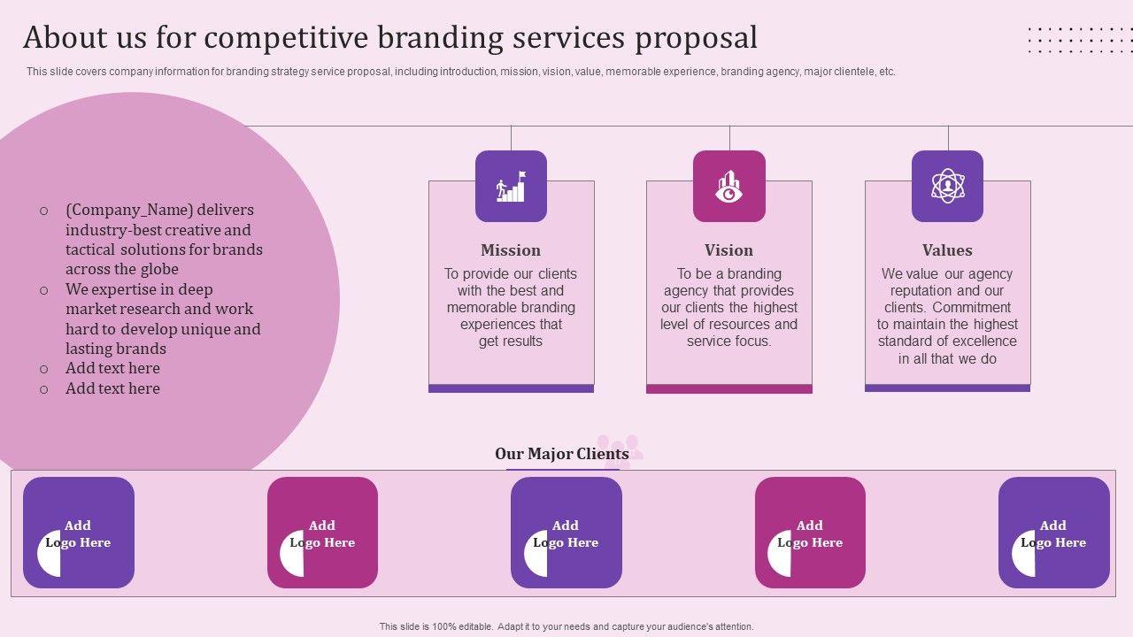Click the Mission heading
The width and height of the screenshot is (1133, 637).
pyautogui.click(x=511, y=250)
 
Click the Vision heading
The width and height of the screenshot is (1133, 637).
pyautogui.click(x=728, y=250)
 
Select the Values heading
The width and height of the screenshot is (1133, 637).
pyautogui.click(x=947, y=250)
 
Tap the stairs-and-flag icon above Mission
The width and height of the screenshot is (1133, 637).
pyautogui.click(x=511, y=186)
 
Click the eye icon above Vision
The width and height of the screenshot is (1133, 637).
pyautogui.click(x=728, y=186)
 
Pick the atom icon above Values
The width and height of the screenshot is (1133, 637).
pyautogui.click(x=947, y=186)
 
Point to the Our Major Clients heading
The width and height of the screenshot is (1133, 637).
pyautogui.click(x=562, y=454)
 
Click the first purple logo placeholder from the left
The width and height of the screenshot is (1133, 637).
pyautogui.click(x=79, y=533)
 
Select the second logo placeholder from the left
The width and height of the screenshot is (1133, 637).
pyautogui.click(x=322, y=533)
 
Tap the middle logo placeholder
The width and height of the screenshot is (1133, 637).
pyautogui.click(x=566, y=533)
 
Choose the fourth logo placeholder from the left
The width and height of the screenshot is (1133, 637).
pyautogui.click(x=810, y=533)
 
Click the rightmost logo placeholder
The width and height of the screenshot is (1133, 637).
pyautogui.click(x=1053, y=533)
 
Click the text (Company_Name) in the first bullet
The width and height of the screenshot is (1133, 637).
pyautogui.click(x=127, y=211)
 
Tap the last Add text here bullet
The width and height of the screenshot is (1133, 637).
pyautogui.click(x=112, y=388)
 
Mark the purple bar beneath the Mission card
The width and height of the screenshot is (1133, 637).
pyautogui.click(x=511, y=388)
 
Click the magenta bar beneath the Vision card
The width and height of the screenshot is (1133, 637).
pyautogui.click(x=728, y=388)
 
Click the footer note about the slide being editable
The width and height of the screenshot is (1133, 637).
pyautogui.click(x=566, y=626)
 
